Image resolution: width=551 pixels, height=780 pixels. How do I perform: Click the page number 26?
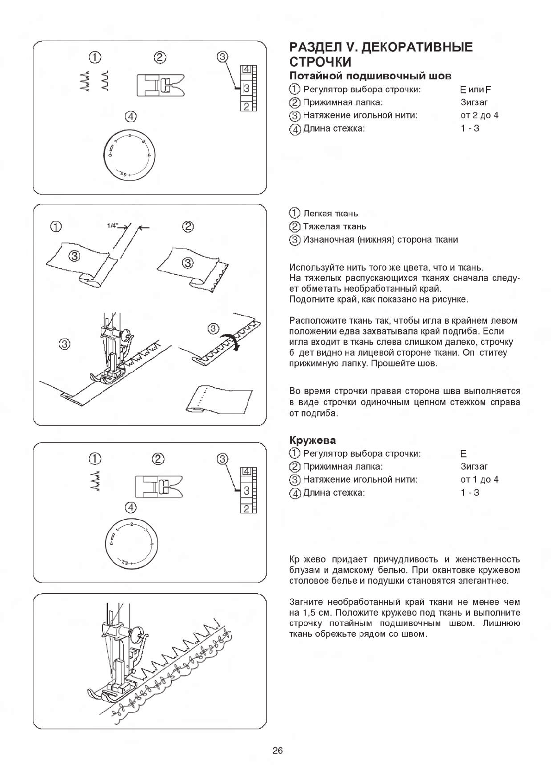[x=277, y=750]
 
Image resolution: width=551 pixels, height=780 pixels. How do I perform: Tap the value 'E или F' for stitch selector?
[x=472, y=90]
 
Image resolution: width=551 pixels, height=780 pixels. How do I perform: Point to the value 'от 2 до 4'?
[x=479, y=115]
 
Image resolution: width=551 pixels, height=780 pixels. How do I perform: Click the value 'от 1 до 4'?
[x=479, y=479]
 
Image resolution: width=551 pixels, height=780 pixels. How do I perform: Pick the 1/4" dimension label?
[x=113, y=226]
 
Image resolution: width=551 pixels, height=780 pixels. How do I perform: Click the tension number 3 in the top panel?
[x=246, y=88]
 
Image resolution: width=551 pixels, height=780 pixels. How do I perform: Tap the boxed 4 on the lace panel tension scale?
[x=246, y=472]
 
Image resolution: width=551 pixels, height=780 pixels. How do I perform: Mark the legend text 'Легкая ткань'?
[x=330, y=214]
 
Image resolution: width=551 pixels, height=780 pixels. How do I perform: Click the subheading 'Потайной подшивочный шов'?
[x=370, y=76]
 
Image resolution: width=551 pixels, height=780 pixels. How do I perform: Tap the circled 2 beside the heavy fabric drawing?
[x=188, y=226]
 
